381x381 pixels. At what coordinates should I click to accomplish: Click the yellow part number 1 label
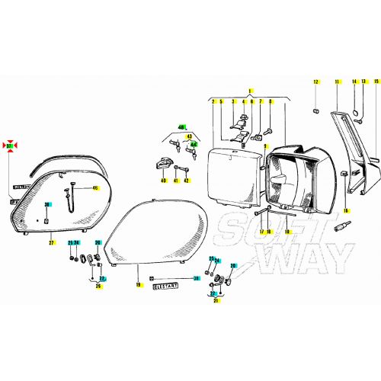point(249,91)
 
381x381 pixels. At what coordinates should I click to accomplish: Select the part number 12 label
point(315,81)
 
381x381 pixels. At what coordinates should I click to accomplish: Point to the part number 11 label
point(336,81)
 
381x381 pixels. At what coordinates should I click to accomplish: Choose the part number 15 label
point(363,81)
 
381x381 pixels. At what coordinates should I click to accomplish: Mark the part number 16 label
point(344,210)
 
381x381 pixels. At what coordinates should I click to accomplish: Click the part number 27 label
point(51,242)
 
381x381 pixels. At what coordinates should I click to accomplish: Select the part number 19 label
point(139,286)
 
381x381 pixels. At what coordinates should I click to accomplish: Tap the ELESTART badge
point(165,288)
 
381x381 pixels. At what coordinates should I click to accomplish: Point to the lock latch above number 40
point(163,162)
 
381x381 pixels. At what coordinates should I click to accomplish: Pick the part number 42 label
point(187,181)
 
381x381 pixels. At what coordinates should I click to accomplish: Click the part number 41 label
point(175,181)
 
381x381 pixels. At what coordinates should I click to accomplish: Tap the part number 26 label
point(98,287)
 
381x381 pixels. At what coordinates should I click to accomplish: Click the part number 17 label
point(260,231)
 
